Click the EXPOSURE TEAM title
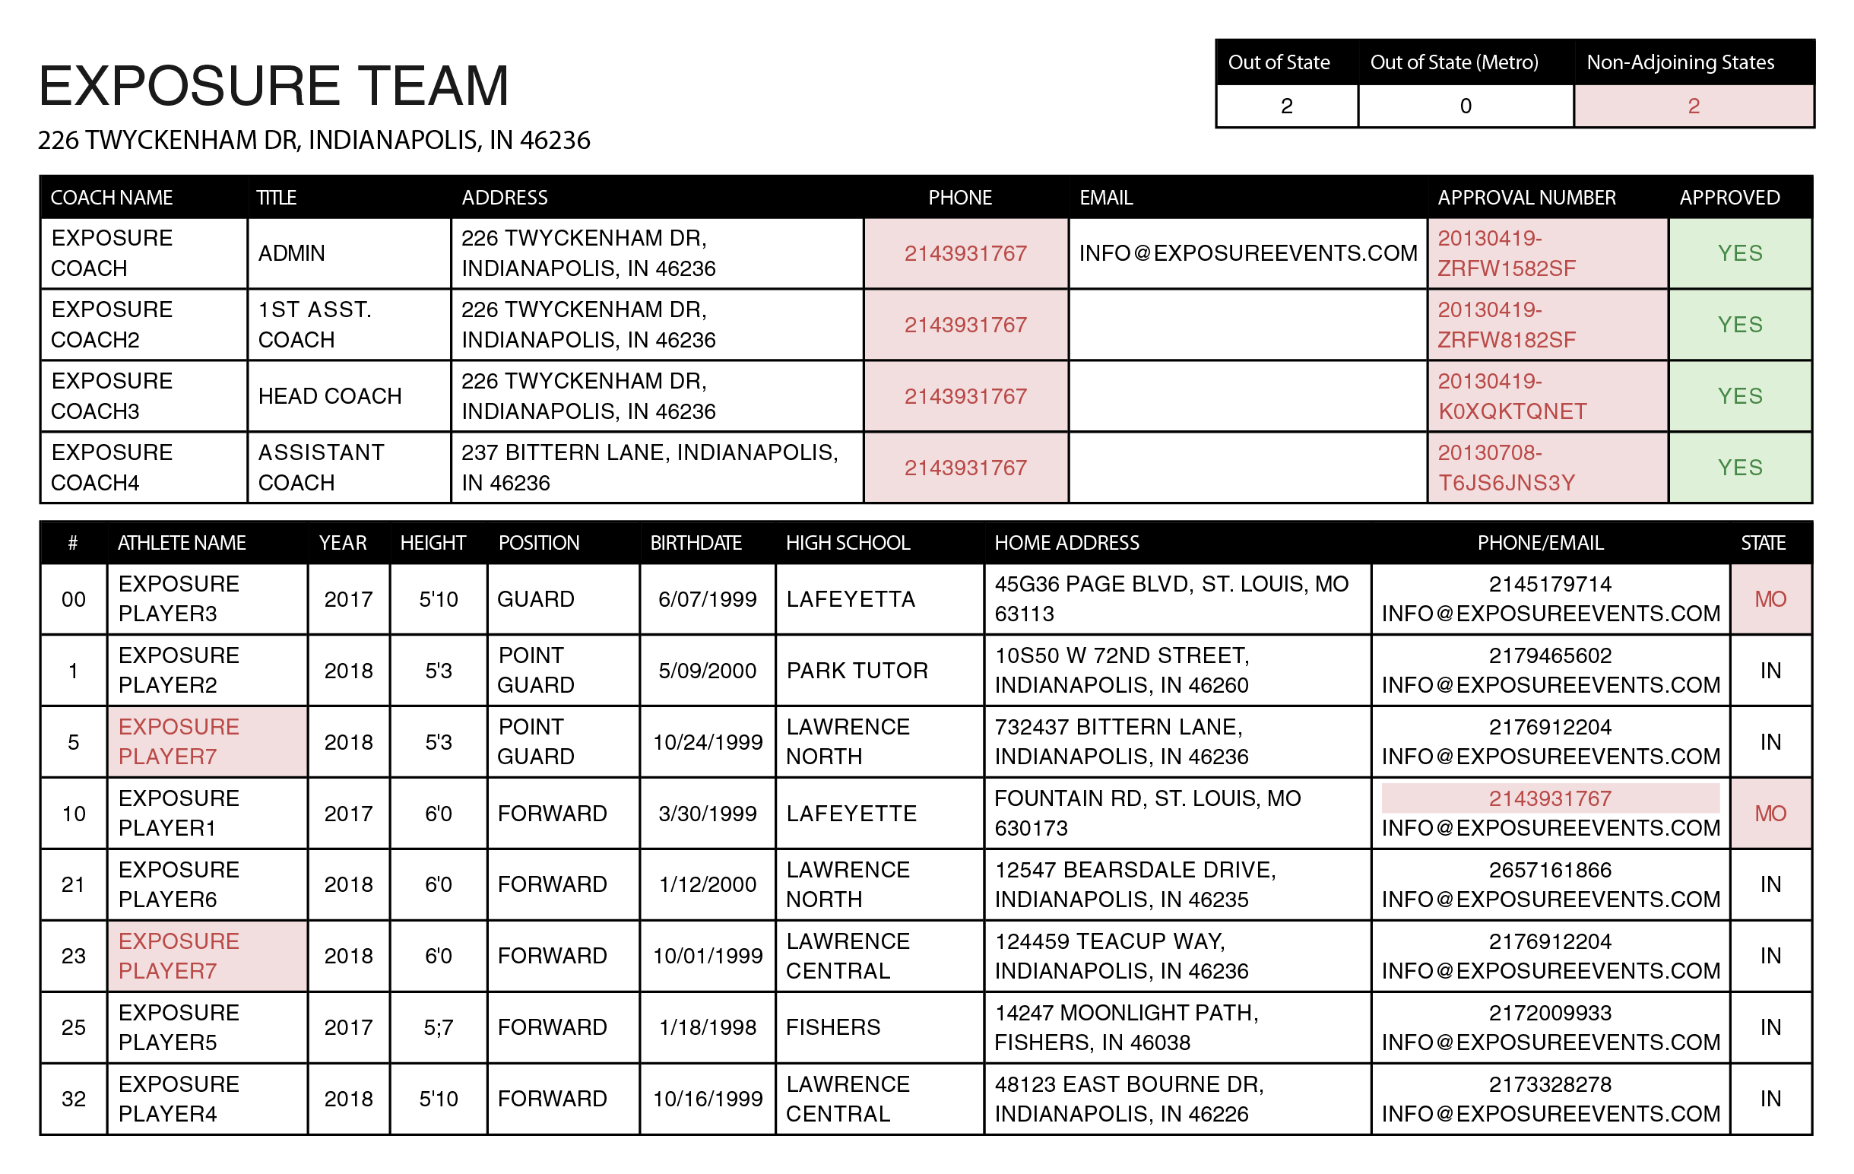tap(274, 85)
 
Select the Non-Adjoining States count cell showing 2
tap(1693, 106)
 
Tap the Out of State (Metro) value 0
tap(1465, 106)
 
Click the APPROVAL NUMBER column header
tap(1526, 198)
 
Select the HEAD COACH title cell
tap(330, 396)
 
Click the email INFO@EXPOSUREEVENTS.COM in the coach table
tap(1247, 253)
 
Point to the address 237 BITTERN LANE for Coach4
tap(649, 468)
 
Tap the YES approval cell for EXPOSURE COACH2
tap(1739, 325)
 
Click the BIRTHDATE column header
tap(696, 543)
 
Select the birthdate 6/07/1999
tap(707, 599)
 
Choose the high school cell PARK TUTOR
tap(857, 670)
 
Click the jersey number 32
tap(73, 1099)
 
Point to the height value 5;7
tap(438, 1026)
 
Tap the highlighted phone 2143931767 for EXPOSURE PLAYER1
tap(1549, 799)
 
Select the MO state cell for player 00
tap(1770, 599)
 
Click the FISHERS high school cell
tap(833, 1026)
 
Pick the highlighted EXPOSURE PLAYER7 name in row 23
tap(179, 956)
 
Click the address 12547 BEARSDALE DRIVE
tap(1135, 884)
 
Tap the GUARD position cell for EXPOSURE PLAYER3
tap(536, 599)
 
